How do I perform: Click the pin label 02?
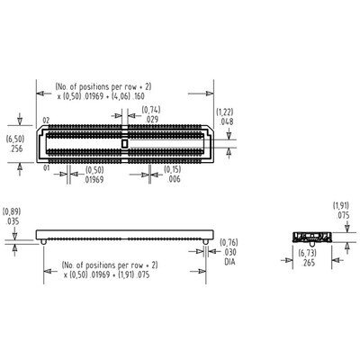(46, 119)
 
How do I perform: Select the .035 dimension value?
(13, 220)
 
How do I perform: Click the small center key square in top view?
(124, 142)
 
